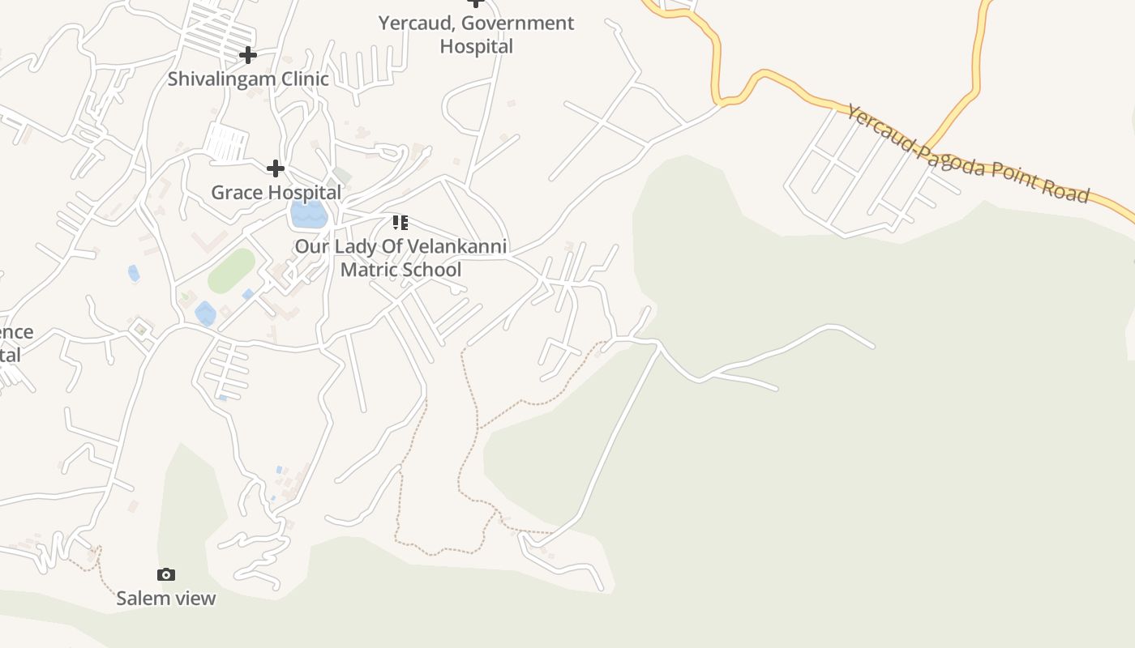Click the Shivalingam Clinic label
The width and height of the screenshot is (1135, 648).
(248, 79)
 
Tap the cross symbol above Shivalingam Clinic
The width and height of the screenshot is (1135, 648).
(248, 55)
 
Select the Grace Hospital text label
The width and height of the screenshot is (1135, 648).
(276, 193)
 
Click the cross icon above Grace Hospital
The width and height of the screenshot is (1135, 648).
(276, 168)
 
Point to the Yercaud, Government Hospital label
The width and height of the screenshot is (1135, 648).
(476, 35)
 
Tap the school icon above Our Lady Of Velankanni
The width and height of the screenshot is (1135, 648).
(400, 223)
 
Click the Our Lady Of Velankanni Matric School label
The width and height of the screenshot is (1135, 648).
(400, 258)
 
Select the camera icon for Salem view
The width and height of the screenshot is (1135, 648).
(166, 574)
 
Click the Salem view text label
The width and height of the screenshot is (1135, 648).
(166, 599)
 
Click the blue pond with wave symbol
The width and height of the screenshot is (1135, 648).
(309, 215)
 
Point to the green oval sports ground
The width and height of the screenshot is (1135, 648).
(232, 271)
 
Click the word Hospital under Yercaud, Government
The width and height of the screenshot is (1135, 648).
(476, 46)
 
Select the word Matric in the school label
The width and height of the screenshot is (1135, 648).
(366, 270)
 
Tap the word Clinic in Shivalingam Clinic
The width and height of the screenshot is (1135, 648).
(304, 79)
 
